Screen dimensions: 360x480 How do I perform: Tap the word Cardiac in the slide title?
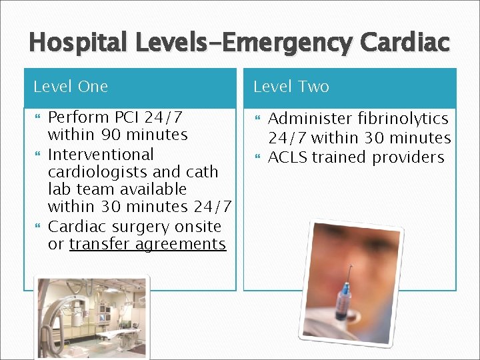[x=405, y=43]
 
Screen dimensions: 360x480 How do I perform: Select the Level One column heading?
[x=71, y=87]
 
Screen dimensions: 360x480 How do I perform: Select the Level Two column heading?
[x=291, y=87]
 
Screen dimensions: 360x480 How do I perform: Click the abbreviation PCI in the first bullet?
[x=127, y=117]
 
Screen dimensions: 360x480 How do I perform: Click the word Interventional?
[x=101, y=154]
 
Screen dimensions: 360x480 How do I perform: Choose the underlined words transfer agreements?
[x=147, y=244]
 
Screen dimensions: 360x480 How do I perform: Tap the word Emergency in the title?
[x=291, y=43]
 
